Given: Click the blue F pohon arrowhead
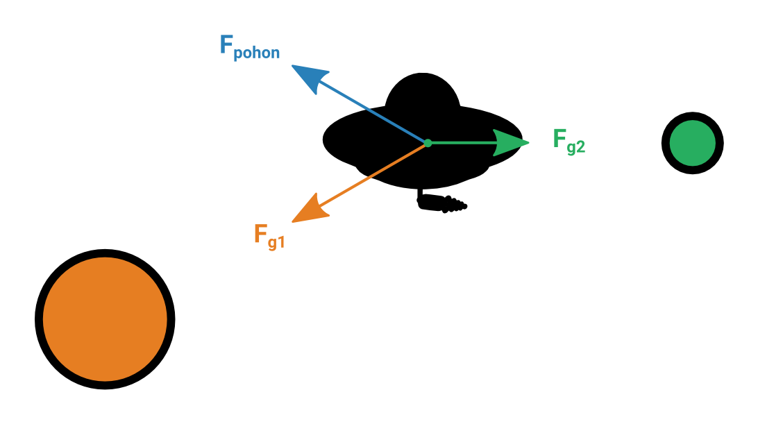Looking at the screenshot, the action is point(308,77).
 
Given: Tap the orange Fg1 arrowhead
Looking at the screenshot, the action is point(308,210).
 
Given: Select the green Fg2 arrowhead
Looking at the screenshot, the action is point(510,143).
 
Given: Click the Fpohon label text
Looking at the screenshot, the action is point(250,47).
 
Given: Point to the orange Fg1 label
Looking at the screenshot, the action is point(269,237).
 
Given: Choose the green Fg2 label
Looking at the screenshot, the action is point(569,142).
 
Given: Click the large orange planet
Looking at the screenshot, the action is point(105,319).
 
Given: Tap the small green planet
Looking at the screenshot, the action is point(692,143).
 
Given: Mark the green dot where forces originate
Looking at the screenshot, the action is point(428,143).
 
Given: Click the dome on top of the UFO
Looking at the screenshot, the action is point(423,90).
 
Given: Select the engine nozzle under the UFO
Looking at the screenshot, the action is point(442,202).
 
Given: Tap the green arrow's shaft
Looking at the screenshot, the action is point(462,143).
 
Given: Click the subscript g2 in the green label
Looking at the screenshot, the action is point(576,147).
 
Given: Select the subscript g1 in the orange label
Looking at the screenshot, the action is point(276,241).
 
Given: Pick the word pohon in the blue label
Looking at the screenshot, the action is point(257,53).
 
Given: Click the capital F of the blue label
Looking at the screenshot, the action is point(226,44).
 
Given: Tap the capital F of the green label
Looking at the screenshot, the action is point(559,138).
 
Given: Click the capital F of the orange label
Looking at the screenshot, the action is point(260,233).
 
